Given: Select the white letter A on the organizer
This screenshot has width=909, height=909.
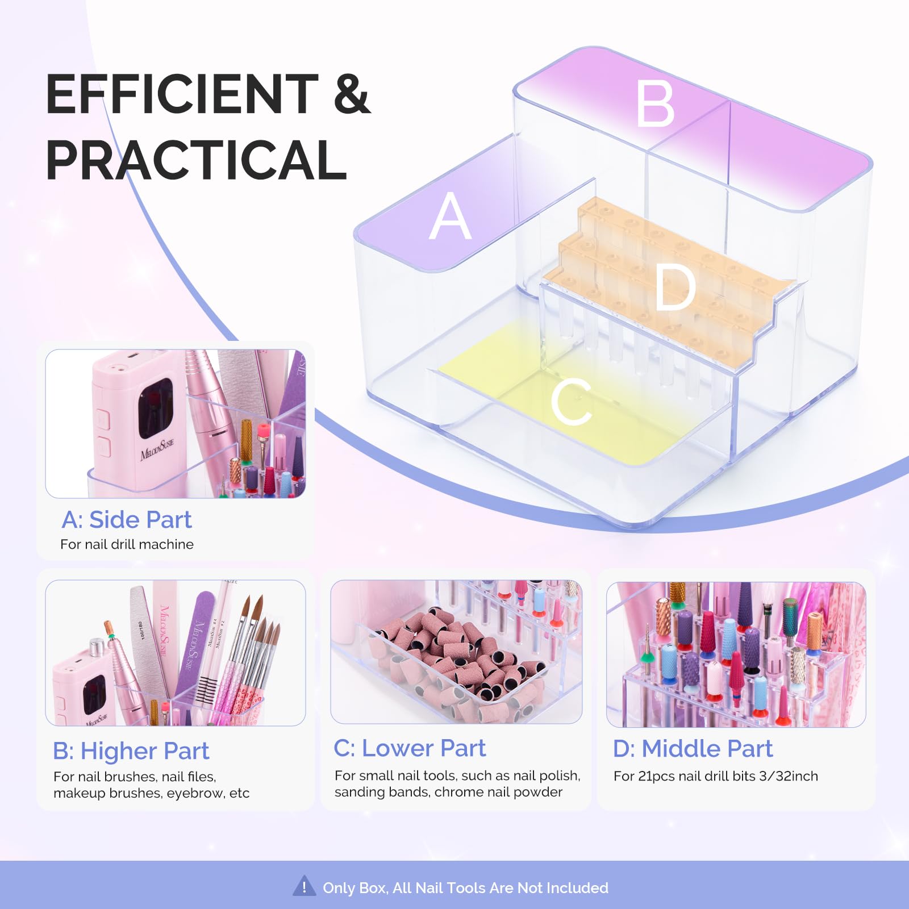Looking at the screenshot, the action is pyautogui.click(x=450, y=215).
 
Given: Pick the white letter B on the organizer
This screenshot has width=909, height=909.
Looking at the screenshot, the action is pyautogui.click(x=655, y=103).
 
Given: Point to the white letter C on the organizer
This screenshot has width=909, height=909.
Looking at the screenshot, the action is pyautogui.click(x=572, y=402).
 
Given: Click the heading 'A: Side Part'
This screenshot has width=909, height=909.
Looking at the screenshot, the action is pyautogui.click(x=127, y=520).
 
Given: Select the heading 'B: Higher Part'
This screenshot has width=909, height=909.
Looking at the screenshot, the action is pyautogui.click(x=131, y=750).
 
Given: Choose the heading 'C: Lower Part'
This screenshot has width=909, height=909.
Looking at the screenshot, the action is pyautogui.click(x=410, y=748).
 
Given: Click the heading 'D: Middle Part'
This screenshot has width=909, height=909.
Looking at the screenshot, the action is pyautogui.click(x=693, y=748).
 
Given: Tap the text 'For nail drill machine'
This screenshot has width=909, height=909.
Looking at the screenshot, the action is pyautogui.click(x=127, y=544).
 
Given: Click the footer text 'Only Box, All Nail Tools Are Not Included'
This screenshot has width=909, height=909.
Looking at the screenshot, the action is pyautogui.click(x=465, y=887).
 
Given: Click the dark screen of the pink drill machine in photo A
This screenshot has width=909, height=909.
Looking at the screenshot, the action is pyautogui.click(x=155, y=408).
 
